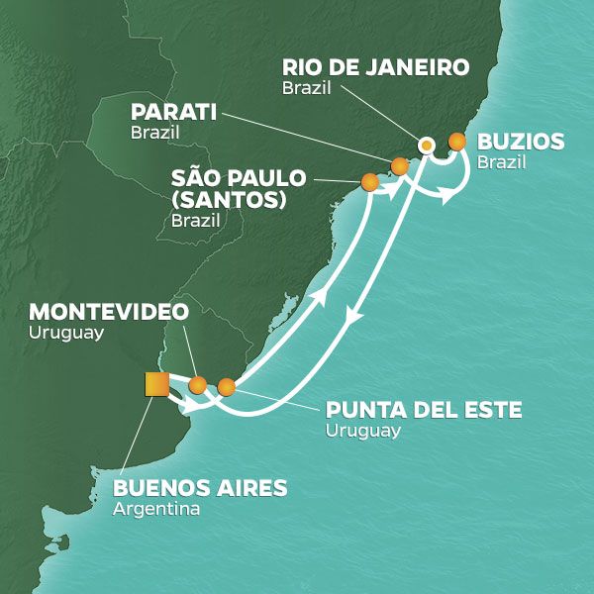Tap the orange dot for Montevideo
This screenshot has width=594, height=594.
tap(198, 385)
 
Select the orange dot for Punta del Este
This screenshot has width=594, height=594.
tap(227, 386)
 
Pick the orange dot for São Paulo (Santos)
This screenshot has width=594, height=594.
tap(370, 181)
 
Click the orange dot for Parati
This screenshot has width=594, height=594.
tap(399, 166)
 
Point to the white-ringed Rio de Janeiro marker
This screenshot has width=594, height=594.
tap(426, 145)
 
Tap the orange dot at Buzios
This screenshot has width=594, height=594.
tap(456, 142)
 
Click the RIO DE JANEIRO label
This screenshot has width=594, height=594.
tap(374, 68)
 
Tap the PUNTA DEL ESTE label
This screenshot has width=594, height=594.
tap(423, 410)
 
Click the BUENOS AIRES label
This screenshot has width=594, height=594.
tap(200, 488)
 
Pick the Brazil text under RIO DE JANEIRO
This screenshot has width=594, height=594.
tap(303, 89)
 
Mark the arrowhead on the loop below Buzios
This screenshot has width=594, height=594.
tap(447, 197)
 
